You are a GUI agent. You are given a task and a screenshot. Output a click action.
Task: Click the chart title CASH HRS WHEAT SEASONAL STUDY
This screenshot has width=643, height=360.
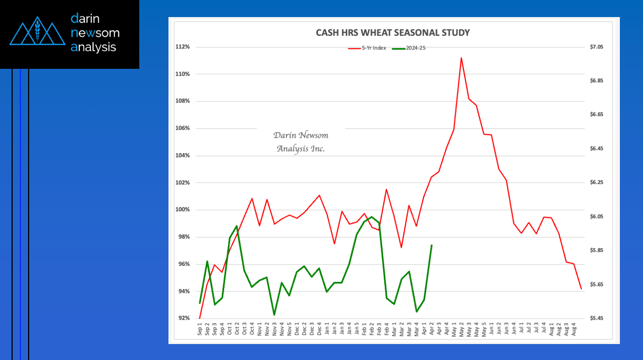(x=393, y=33)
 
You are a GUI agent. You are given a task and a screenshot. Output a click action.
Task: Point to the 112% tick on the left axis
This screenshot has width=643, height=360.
(x=183, y=47)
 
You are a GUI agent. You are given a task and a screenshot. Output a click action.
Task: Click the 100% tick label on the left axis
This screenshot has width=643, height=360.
(x=183, y=210)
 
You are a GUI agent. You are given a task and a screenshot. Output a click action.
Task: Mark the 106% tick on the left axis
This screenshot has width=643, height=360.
(x=183, y=128)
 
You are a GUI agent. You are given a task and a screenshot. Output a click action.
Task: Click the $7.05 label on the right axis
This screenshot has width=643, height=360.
(x=596, y=47)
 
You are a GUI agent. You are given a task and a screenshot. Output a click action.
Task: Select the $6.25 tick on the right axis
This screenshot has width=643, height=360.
(x=596, y=183)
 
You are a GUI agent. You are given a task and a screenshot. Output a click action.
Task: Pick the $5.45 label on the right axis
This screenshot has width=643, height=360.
(x=596, y=318)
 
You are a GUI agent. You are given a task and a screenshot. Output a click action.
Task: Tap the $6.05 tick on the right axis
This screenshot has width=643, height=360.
(x=596, y=217)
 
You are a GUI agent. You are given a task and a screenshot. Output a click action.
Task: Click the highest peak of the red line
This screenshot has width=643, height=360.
(x=461, y=58)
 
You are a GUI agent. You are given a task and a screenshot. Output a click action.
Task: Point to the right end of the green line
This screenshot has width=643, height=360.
(x=432, y=246)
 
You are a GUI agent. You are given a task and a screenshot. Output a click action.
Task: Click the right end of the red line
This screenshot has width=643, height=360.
(x=581, y=288)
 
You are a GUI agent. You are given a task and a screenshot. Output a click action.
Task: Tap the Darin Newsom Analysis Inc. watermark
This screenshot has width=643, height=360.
(x=301, y=142)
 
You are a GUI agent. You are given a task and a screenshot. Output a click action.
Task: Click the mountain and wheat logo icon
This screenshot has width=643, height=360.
(x=35, y=34)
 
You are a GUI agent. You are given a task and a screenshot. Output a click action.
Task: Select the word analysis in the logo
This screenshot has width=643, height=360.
(x=94, y=47)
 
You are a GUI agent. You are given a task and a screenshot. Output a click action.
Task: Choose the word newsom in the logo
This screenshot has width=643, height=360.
(x=95, y=33)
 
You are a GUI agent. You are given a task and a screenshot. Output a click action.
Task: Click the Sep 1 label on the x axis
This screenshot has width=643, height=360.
(x=200, y=330)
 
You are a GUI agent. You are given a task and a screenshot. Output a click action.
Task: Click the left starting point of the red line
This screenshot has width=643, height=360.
(x=200, y=318)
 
